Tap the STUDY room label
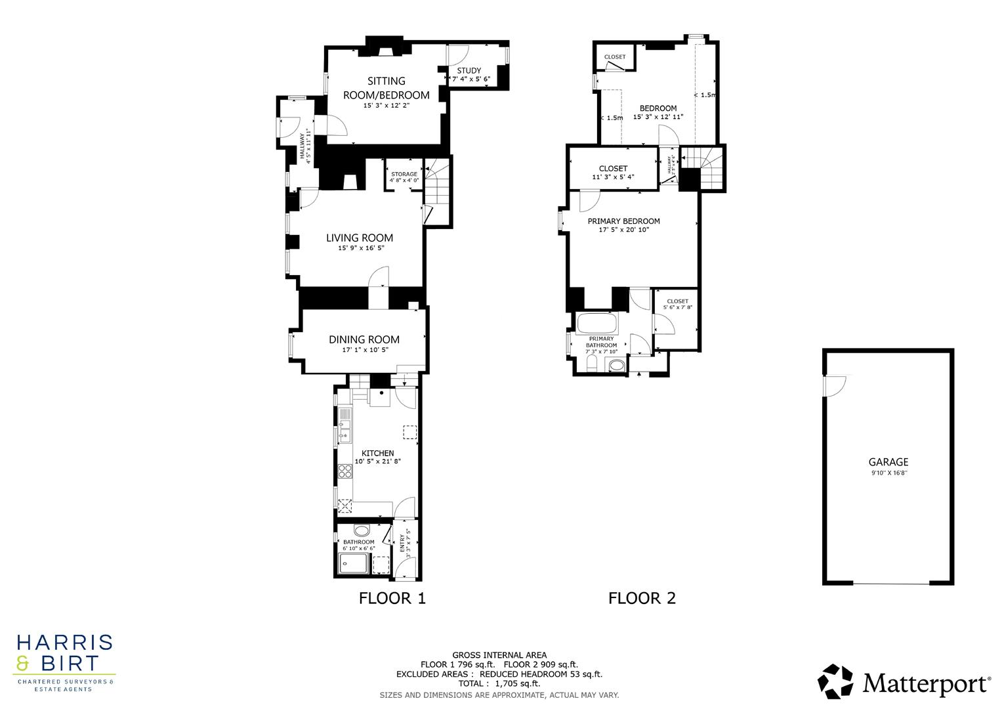coord(469,71)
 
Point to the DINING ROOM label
coord(364,339)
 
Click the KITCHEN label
coord(377,453)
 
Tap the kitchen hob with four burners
coord(345,471)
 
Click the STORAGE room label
coord(404,174)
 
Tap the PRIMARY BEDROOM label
coord(623,221)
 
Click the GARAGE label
coord(888,462)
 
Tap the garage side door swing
coord(836,386)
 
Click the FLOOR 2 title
coord(641,598)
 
